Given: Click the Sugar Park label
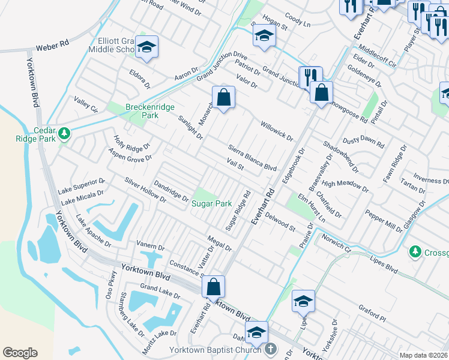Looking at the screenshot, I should [x=211, y=203].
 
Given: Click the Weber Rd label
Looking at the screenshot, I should [x=53, y=46].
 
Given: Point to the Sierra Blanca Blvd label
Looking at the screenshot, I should [x=252, y=158].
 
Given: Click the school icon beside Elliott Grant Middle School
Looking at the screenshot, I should [x=146, y=47].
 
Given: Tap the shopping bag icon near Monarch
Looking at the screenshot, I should [x=223, y=97].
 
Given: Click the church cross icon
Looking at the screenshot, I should [x=271, y=348].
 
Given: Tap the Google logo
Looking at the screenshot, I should [x=20, y=353].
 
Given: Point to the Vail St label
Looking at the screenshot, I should [x=235, y=165].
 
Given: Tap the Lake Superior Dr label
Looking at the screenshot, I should [x=82, y=185].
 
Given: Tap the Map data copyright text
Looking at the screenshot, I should [x=424, y=355].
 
